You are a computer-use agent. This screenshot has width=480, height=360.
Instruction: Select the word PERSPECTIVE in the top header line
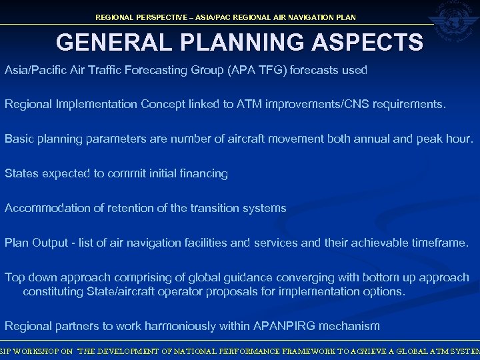[161, 17]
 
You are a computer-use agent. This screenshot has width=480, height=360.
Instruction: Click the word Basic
[19, 139]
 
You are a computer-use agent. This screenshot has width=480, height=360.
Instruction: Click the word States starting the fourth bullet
[22, 173]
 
